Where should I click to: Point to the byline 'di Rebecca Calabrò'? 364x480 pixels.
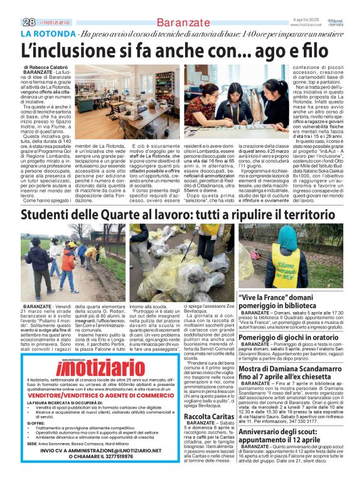tap(45, 66)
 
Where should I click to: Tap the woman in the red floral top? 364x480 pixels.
tap(200, 113)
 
